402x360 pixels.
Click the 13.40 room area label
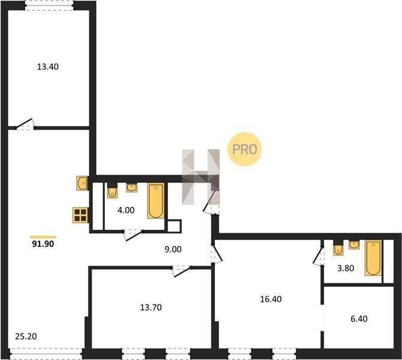(47, 67)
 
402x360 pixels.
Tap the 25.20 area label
(26, 336)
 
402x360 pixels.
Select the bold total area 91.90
(43, 244)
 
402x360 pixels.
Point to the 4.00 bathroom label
(126, 210)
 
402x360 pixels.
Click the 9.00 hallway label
(173, 249)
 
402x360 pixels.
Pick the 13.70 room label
(151, 307)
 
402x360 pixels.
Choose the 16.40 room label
(271, 299)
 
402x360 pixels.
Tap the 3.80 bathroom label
(346, 268)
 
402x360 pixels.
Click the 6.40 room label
(359, 319)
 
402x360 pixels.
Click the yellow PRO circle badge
(245, 149)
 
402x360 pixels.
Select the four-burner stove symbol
(80, 215)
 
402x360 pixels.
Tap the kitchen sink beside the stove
(82, 183)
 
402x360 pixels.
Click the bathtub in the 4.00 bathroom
(155, 201)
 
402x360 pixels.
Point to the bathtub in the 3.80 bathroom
(373, 258)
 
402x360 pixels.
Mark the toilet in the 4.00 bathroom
(112, 191)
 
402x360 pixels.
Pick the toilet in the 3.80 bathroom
(338, 248)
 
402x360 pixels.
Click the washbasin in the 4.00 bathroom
(131, 187)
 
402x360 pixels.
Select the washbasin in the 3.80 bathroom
(354, 245)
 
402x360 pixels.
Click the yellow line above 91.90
(43, 237)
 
